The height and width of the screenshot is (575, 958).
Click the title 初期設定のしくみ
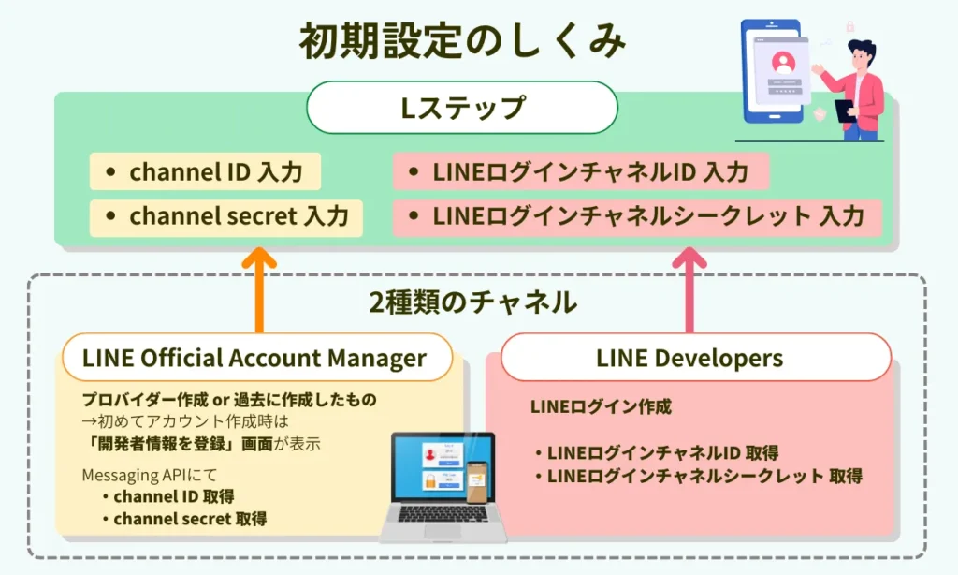coord(462,42)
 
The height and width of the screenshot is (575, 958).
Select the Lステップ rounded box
coord(462,107)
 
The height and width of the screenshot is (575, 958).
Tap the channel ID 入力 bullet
coord(205,172)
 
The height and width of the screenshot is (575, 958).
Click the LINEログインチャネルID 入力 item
coord(580,172)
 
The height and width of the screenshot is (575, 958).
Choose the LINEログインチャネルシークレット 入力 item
coord(637,216)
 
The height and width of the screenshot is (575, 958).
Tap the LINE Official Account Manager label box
coord(255,358)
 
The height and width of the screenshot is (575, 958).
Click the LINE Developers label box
coord(689,358)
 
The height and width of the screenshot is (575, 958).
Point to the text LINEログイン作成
coord(601,407)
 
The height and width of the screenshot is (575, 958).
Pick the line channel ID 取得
coord(173,496)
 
